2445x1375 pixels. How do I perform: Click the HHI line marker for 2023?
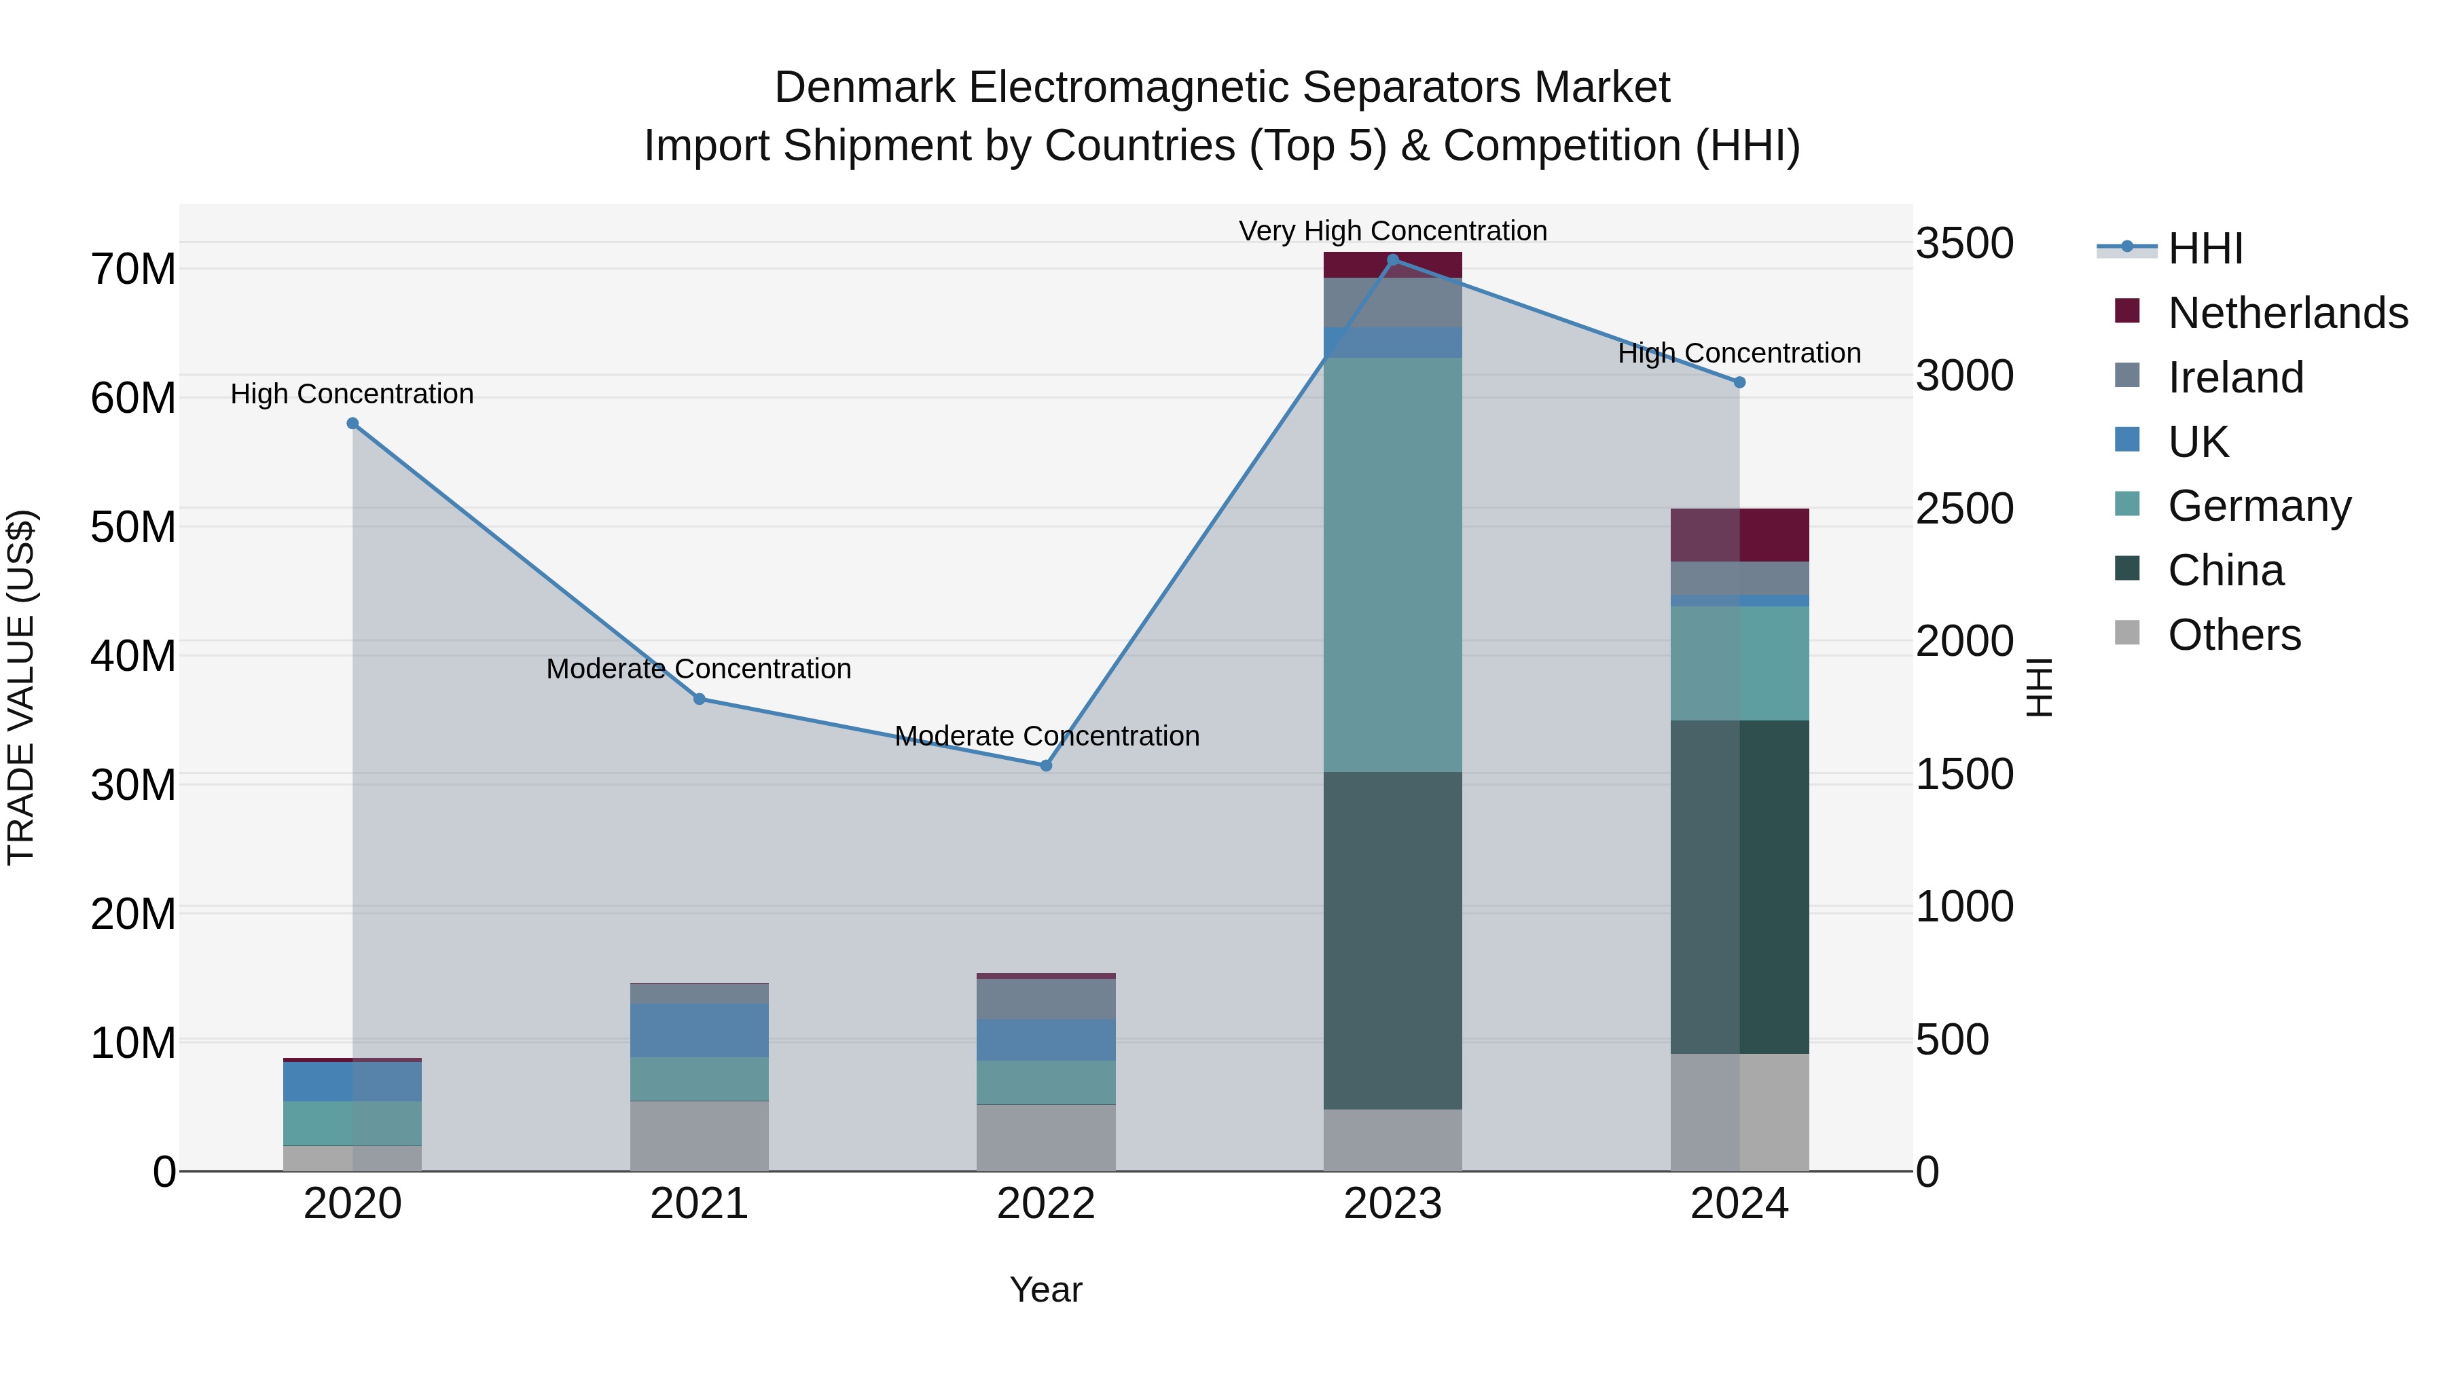(1392, 260)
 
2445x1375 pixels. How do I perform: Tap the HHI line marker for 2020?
(352, 423)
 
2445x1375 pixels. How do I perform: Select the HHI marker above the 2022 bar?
(1046, 765)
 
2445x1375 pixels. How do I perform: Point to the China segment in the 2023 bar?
(1392, 940)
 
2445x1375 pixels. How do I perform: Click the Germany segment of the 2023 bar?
(1392, 565)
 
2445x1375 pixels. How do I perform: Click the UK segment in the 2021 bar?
(699, 1031)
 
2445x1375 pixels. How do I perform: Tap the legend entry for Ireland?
(2234, 378)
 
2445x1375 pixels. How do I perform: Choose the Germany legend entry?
(2258, 506)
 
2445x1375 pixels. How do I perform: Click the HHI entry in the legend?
(2204, 249)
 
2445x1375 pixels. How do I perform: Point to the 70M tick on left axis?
(133, 270)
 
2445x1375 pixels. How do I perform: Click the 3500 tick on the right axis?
(1963, 243)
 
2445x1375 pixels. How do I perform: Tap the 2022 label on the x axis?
(1046, 1204)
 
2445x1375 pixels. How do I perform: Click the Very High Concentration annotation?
(1392, 231)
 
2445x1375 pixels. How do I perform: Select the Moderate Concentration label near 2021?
(699, 669)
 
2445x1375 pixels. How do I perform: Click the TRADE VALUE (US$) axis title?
(22, 687)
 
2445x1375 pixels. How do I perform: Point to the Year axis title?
(1046, 1289)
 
